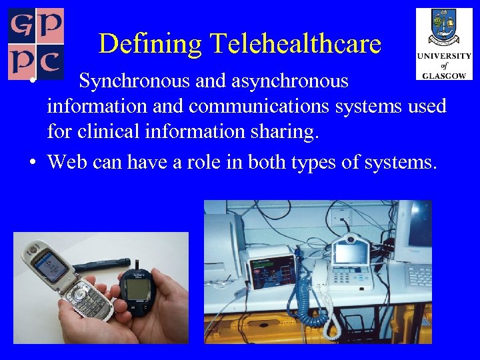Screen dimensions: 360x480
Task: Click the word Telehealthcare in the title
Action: [295, 44]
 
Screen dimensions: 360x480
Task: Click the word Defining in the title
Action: [151, 44]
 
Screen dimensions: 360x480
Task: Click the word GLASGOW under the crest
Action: [444, 75]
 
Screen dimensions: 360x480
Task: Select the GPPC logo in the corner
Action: [36, 43]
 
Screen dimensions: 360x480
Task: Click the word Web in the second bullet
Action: [67, 161]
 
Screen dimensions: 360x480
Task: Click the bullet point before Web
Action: [33, 161]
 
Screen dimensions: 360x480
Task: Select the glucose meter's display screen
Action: [139, 289]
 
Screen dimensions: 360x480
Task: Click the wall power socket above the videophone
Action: [341, 214]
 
